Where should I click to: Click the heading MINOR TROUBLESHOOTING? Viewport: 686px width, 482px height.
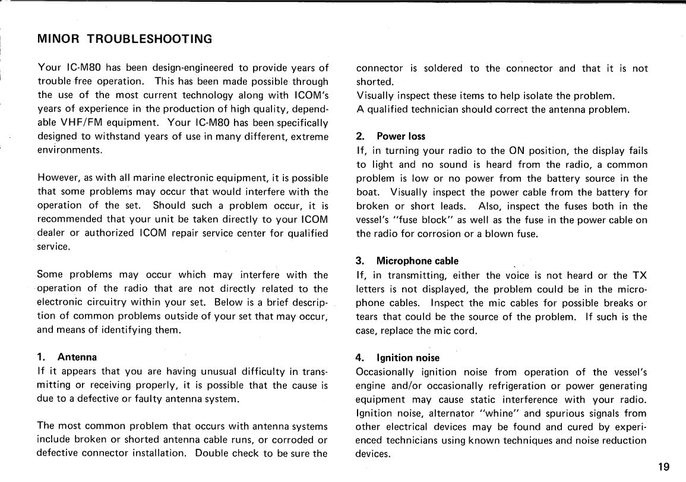tap(124, 40)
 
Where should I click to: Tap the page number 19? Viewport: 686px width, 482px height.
tap(664, 467)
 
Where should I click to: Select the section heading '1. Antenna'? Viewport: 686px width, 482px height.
tap(67, 357)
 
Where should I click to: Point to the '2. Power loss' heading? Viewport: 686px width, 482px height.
tap(390, 136)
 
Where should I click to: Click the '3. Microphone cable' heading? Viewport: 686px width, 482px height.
tap(407, 261)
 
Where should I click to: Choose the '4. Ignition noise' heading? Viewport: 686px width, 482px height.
tap(397, 358)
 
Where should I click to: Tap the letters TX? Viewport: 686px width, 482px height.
tap(638, 275)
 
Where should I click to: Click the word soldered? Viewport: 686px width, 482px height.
tap(442, 68)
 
